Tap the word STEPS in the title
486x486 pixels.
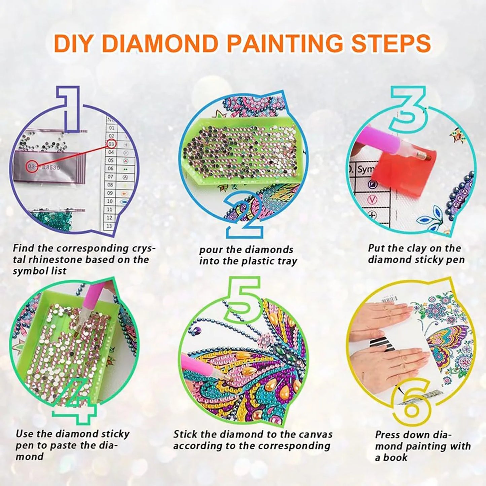pos(391,44)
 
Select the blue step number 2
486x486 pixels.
pos(244,213)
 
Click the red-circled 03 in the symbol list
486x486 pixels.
pos(111,144)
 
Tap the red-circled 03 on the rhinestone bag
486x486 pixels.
pos(32,167)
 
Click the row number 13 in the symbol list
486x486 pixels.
pos(109,226)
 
